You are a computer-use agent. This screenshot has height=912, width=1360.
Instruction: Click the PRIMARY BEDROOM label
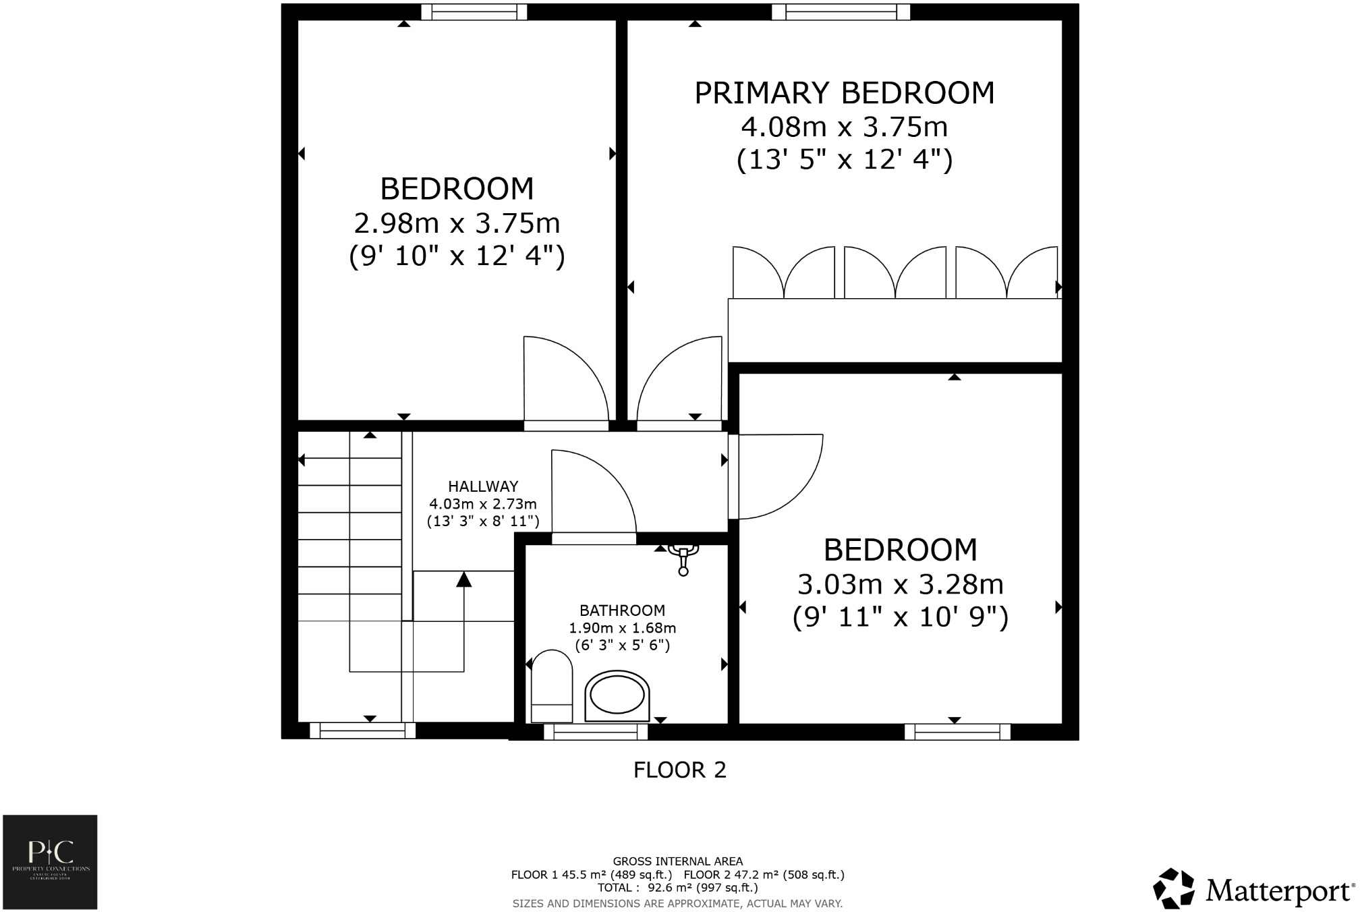(844, 93)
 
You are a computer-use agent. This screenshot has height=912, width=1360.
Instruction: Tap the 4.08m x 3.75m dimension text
(844, 127)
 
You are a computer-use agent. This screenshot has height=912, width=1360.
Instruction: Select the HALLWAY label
(483, 486)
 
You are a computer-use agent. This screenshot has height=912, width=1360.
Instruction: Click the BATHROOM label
(622, 610)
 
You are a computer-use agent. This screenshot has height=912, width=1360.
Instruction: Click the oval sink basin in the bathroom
(617, 695)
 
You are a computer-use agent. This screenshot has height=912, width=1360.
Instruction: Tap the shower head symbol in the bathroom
(683, 559)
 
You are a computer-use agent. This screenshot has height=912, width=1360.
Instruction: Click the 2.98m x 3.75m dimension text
(457, 223)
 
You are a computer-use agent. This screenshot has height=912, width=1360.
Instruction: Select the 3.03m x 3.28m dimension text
(900, 584)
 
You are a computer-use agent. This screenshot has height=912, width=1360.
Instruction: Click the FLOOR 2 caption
(679, 770)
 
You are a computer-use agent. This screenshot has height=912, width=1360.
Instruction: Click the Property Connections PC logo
(50, 861)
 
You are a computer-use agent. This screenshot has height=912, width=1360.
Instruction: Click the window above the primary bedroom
(841, 11)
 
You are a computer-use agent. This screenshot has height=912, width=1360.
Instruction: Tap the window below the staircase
(362, 730)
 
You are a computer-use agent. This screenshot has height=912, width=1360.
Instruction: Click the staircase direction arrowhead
(463, 579)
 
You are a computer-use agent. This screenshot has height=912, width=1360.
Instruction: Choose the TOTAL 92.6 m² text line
(677, 888)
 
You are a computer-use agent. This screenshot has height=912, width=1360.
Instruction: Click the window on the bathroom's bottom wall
(595, 731)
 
